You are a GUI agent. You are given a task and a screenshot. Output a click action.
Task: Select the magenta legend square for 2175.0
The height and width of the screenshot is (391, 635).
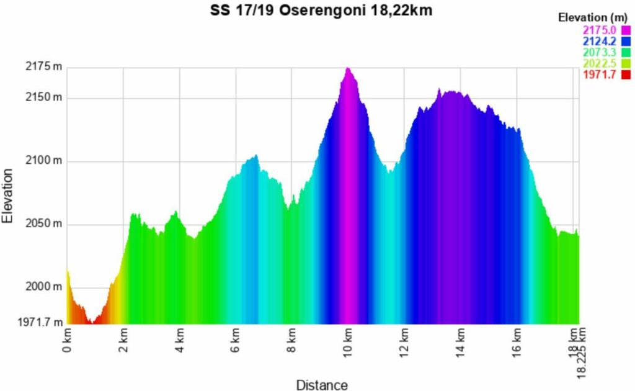pos(625,30)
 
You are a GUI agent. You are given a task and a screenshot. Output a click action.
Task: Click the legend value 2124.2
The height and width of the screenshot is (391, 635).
pos(599,41)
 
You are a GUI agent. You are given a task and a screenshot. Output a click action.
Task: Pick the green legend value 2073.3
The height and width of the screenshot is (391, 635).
pos(599,52)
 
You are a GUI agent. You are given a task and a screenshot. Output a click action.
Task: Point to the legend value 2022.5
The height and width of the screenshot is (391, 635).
pos(599,63)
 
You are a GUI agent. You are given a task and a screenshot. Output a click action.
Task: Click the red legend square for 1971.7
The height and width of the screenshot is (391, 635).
pos(625,74)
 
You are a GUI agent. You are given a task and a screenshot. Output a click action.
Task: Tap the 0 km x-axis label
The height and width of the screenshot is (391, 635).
pos(68,340)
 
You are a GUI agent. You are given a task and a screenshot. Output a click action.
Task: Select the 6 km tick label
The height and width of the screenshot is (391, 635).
pos(236,340)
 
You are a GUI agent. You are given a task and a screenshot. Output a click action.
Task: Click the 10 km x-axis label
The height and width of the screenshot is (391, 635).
pos(349,342)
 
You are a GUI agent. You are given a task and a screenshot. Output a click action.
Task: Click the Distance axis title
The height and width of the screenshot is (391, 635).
pos(322,385)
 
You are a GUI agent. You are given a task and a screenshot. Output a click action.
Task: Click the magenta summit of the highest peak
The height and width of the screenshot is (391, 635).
pos(348,70)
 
